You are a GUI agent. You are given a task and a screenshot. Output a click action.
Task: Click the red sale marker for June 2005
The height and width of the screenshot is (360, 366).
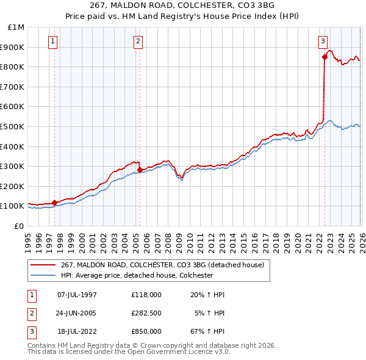click(x=140, y=170)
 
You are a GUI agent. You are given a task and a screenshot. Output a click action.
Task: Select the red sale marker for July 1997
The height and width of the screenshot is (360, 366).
click(x=54, y=202)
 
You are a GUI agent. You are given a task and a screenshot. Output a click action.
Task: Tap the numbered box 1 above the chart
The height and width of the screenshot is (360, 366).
click(x=53, y=41)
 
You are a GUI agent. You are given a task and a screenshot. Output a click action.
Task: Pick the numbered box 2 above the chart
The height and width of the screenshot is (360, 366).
click(x=138, y=41)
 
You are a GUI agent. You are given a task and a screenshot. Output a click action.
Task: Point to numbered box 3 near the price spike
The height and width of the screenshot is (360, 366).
click(x=322, y=41)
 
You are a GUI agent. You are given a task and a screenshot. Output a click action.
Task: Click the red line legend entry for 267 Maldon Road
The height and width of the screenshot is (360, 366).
click(x=162, y=265)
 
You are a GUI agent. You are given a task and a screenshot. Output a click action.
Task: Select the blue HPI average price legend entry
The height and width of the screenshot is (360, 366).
click(x=136, y=275)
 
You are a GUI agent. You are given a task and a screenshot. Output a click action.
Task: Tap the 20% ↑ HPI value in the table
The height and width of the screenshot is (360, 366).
click(x=207, y=294)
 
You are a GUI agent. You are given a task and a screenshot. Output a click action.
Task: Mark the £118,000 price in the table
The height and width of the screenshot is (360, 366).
click(x=146, y=294)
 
